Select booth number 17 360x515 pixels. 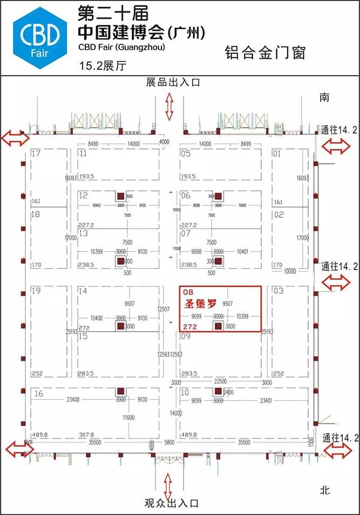click(x=37, y=154)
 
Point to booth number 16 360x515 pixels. click(x=38, y=394)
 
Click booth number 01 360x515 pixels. click(x=277, y=154)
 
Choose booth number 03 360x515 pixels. click(x=279, y=291)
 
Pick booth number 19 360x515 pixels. click(x=37, y=291)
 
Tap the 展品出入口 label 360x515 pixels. click(x=173, y=82)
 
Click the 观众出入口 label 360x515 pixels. click(x=172, y=503)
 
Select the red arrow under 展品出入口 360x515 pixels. click(x=169, y=106)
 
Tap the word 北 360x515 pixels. click(x=324, y=490)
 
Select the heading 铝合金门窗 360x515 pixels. click(x=265, y=53)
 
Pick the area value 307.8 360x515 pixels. click(x=86, y=434)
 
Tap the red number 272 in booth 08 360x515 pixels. click(x=189, y=326)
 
